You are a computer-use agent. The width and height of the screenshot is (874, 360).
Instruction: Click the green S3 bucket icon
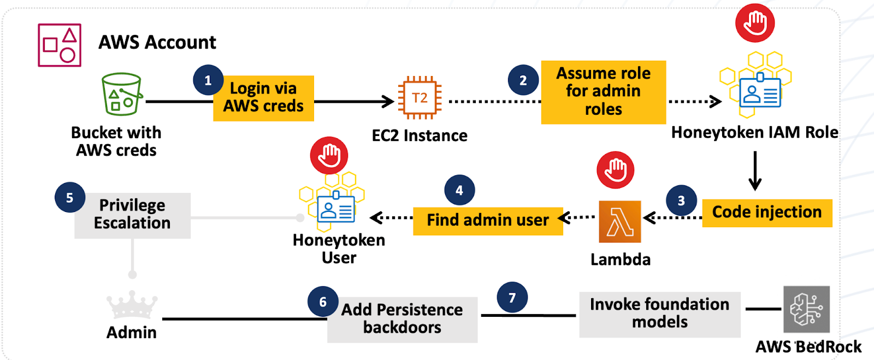122,95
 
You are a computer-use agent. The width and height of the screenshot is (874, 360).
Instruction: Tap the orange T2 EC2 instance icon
419,98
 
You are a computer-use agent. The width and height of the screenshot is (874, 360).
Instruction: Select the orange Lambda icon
619,222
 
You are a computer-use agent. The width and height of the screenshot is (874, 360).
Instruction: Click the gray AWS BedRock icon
806,309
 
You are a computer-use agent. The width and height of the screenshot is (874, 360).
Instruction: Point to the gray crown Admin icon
132,305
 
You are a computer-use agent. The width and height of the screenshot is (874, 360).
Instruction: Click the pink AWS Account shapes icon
60,45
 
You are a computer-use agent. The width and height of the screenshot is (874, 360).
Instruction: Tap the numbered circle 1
208,80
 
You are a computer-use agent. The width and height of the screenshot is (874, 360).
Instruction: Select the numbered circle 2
523,80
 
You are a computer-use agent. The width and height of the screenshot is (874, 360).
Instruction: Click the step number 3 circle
681,200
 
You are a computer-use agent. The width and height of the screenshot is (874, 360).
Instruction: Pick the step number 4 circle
459,190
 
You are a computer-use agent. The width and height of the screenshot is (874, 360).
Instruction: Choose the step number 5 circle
70,198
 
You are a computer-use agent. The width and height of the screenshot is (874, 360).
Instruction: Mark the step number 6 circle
323,302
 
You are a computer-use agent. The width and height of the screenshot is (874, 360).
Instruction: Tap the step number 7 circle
512,298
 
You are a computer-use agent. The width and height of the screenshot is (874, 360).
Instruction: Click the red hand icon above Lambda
616,170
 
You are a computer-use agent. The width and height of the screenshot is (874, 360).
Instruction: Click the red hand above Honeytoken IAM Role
755,23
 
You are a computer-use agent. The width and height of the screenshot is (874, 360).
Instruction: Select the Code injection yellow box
766,213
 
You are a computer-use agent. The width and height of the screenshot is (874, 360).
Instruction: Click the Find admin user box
487,221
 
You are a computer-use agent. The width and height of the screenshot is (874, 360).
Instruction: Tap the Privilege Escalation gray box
132,215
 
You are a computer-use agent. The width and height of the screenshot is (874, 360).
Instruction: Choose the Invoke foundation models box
659,314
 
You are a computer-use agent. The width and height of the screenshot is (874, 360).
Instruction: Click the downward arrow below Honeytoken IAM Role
755,171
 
